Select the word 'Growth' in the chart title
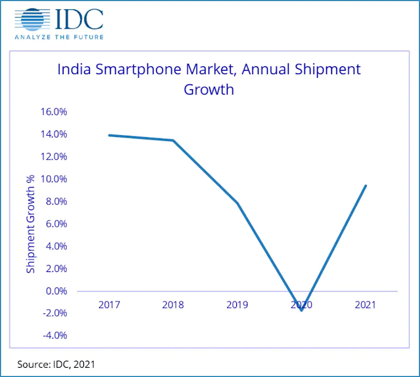pyautogui.click(x=209, y=89)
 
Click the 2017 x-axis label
pyautogui.click(x=109, y=304)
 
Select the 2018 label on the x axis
pyautogui.click(x=173, y=304)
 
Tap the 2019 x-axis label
pyautogui.click(x=237, y=304)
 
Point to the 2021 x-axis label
pyautogui.click(x=366, y=304)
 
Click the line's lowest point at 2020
pyautogui.click(x=301, y=310)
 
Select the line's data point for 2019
pyautogui.click(x=237, y=203)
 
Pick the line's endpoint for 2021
pyautogui.click(x=366, y=186)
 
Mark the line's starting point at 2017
pyautogui.click(x=109, y=135)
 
